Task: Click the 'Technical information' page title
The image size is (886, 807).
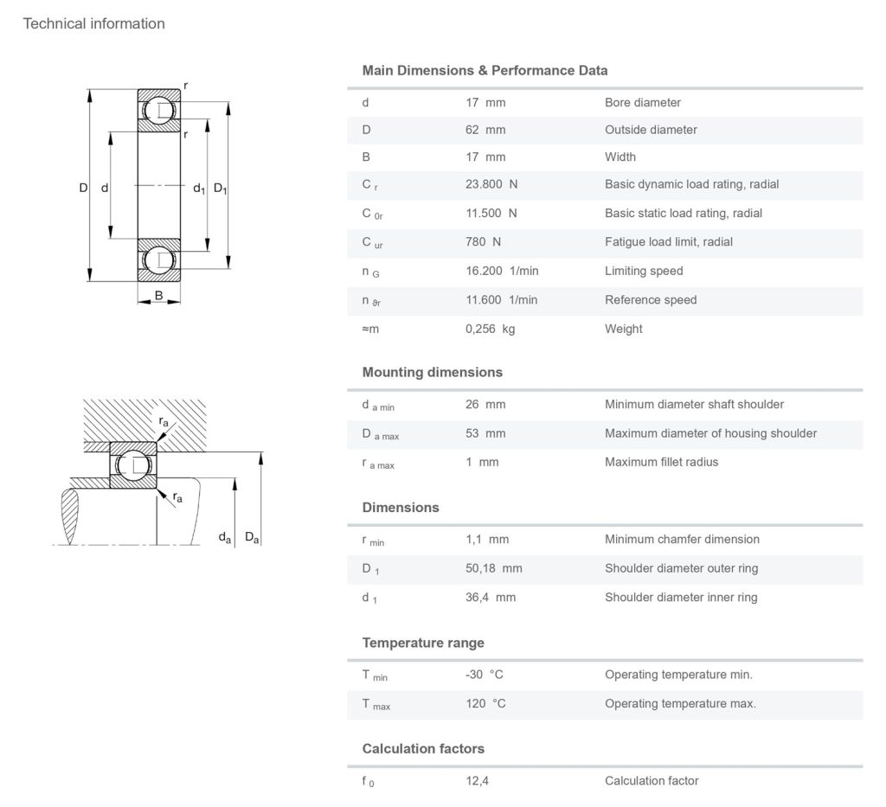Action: [93, 24]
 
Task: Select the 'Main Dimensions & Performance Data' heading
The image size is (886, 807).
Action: [485, 71]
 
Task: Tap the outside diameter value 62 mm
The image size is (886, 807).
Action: [485, 130]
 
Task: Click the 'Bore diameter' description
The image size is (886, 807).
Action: [642, 103]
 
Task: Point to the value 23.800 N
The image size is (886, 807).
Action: [491, 185]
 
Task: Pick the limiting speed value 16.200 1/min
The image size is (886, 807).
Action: [502, 272]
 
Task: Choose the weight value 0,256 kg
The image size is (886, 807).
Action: [490, 330]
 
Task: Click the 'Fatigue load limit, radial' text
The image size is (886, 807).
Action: [668, 242]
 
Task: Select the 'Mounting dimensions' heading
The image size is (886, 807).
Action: [432, 373]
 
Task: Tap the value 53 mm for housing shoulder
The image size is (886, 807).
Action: [485, 433]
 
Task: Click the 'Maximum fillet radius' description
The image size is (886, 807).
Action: [661, 463]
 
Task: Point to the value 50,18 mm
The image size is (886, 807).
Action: [494, 568]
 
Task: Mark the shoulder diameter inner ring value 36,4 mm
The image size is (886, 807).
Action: [491, 598]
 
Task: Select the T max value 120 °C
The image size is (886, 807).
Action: [485, 704]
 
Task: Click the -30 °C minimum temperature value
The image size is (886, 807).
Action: [485, 675]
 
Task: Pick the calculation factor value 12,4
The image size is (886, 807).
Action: [478, 781]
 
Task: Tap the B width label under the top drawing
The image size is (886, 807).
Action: [158, 296]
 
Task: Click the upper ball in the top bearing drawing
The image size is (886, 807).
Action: [159, 111]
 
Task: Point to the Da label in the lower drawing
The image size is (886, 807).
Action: [252, 538]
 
